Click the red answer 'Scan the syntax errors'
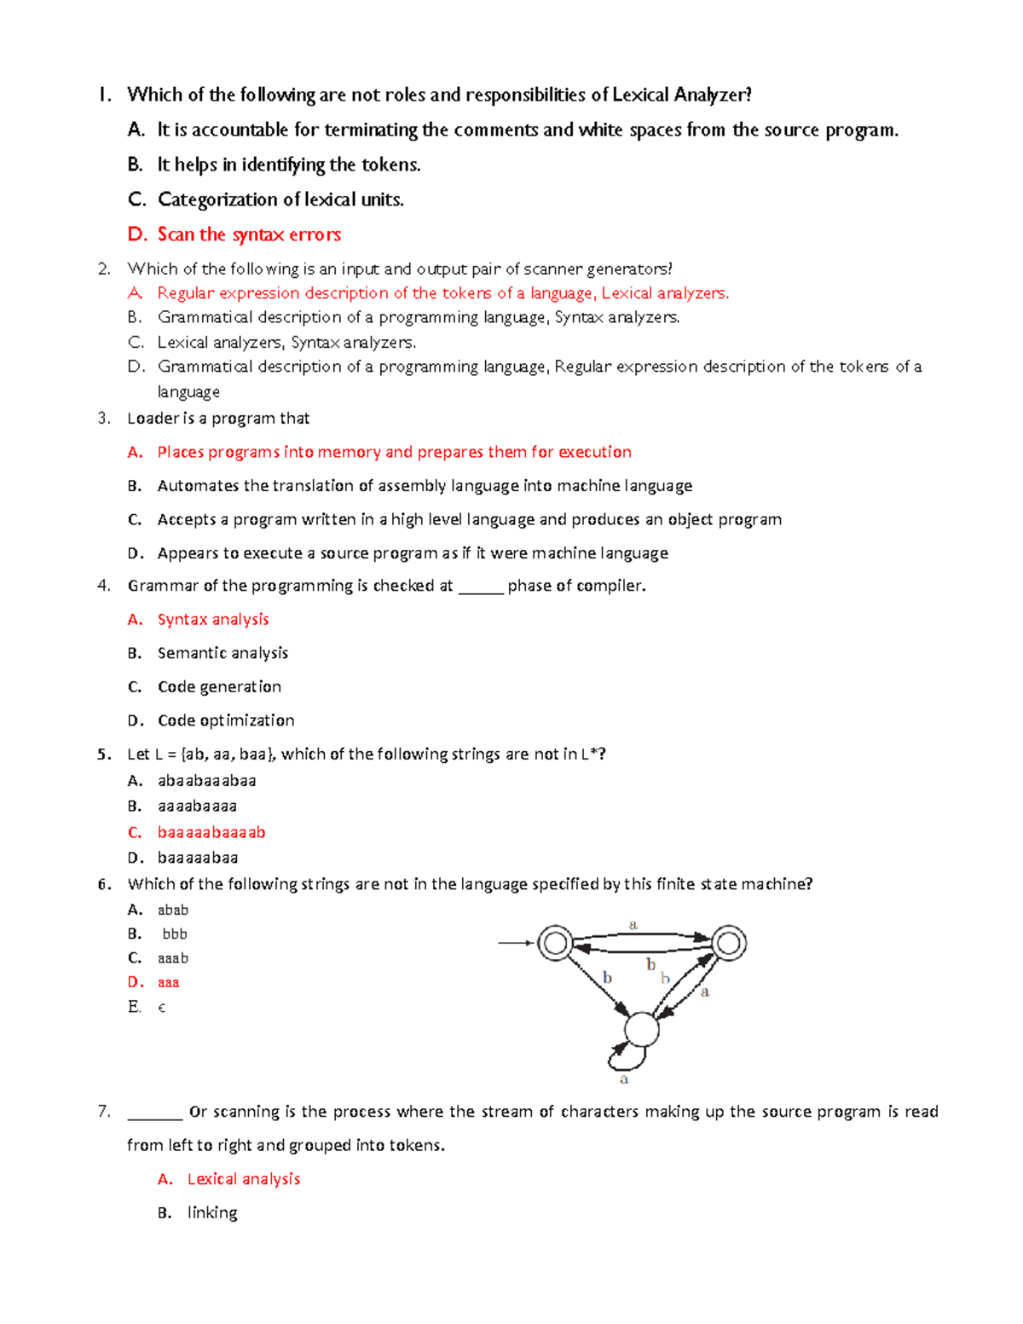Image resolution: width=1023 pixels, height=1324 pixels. [x=249, y=234]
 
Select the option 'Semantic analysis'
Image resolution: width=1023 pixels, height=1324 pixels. [x=223, y=653]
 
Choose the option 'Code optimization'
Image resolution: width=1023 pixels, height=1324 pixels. [x=226, y=720]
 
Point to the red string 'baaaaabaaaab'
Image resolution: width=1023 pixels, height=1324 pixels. [x=211, y=832]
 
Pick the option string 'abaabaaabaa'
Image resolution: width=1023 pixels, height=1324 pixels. [x=206, y=781]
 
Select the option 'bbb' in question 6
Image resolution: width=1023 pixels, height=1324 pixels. [x=175, y=934]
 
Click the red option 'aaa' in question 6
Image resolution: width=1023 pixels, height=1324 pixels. [x=169, y=983]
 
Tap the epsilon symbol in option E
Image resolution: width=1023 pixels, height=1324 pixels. [x=162, y=1008]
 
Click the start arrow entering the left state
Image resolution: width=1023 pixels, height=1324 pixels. [x=516, y=943]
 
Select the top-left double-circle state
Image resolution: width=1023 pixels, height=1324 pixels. [x=556, y=943]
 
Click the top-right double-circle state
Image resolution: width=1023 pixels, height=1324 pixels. [x=729, y=943]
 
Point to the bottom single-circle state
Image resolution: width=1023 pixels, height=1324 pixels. [x=641, y=1029]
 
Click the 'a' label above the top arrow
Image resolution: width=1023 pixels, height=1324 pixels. [x=633, y=924]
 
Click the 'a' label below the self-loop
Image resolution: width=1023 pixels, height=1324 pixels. [x=624, y=1079]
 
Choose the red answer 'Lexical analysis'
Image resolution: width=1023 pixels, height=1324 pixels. [x=244, y=1179]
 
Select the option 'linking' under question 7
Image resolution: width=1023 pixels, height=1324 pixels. [x=212, y=1213]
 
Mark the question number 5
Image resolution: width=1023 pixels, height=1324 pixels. [x=104, y=755]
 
